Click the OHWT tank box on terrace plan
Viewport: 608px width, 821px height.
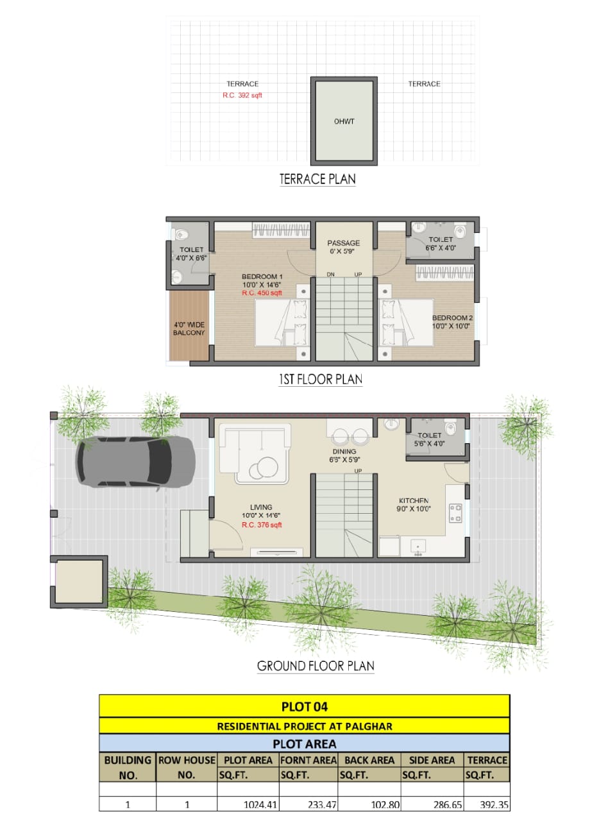(x=343, y=120)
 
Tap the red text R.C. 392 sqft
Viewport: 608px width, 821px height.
(x=242, y=95)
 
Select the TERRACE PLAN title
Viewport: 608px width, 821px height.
(x=317, y=179)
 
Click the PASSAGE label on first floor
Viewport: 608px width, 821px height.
(x=343, y=243)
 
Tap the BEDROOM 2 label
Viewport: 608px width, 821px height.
(x=452, y=318)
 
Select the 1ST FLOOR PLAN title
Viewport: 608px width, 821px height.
(x=320, y=379)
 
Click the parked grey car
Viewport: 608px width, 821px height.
(x=135, y=461)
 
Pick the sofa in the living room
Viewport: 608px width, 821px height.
(x=253, y=452)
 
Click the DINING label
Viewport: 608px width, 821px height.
(x=343, y=452)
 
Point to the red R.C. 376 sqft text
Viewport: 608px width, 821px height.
(x=262, y=525)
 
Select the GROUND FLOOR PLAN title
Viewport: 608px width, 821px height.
(x=316, y=666)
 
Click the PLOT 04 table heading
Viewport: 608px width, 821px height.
(x=304, y=707)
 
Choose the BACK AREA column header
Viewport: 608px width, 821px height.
(x=369, y=760)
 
